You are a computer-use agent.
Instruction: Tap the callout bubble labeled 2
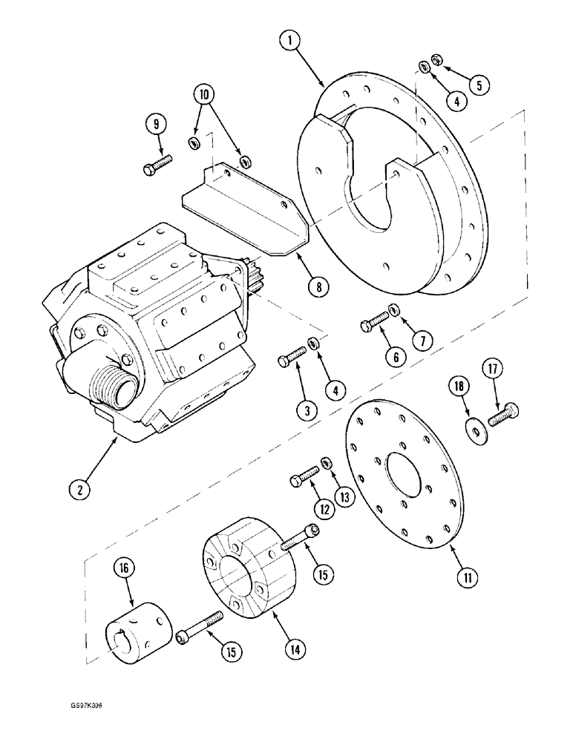tap(79, 488)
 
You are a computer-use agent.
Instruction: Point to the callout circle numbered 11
tap(465, 577)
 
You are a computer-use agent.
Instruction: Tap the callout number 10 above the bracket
tap(205, 94)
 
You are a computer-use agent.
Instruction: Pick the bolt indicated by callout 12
tap(303, 479)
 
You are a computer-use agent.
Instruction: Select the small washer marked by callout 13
tap(327, 464)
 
